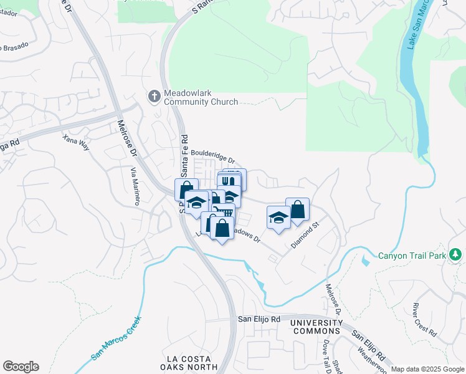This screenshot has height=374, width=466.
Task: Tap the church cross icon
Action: click(154, 96)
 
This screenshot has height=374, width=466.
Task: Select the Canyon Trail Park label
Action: click(413, 255)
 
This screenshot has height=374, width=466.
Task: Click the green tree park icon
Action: click(456, 254)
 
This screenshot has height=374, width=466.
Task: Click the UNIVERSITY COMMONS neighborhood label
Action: click(316, 327)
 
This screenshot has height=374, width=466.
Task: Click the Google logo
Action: click(21, 367)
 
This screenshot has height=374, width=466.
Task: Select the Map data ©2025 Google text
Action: click(427, 369)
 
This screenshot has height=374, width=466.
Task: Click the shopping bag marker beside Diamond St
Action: click(297, 210)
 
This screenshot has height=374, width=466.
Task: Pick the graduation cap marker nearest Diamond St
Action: click(278, 218)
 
